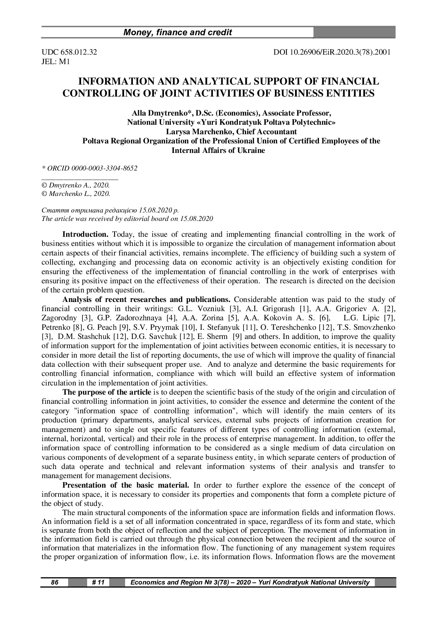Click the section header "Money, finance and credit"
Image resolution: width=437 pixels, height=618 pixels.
pyautogui.click(x=178, y=33)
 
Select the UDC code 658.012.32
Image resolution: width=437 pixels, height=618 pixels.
pyautogui.click(x=69, y=52)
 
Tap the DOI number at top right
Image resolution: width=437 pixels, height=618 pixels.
pyautogui.click(x=332, y=52)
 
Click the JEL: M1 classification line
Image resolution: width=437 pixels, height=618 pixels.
pyautogui.click(x=56, y=62)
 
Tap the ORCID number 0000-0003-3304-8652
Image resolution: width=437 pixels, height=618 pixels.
pyautogui.click(x=104, y=168)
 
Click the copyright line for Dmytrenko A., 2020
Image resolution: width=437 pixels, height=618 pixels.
pyautogui.click(x=75, y=185)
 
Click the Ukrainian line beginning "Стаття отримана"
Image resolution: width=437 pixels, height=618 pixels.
pyautogui.click(x=110, y=210)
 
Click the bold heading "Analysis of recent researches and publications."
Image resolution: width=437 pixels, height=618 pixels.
pyautogui.click(x=146, y=300)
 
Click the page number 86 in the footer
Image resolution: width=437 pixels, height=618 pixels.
pyautogui.click(x=55, y=582)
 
